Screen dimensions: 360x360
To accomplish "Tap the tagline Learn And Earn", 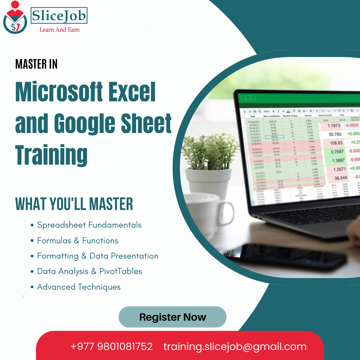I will [59, 30].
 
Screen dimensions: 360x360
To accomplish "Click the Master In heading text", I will [36, 64].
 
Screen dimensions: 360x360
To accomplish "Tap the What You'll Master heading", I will [74, 204].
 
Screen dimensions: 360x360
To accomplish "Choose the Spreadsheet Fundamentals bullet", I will [89, 225].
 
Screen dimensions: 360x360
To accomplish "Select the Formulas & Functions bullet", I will [77, 240].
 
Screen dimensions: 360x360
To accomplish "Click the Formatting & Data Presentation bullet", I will [97, 256].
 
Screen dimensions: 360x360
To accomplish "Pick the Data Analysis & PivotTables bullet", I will [89, 271].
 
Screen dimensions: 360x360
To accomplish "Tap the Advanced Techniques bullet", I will [79, 287].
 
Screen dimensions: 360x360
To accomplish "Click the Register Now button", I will [172, 317].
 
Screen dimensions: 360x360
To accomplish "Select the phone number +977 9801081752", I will [111, 346].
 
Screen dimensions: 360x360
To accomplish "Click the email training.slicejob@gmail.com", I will [235, 346].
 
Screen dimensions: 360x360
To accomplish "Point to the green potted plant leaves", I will [210, 150].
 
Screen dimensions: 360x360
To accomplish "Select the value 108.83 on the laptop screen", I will [336, 143].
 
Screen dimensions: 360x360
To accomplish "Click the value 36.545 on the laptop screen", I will [341, 178].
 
